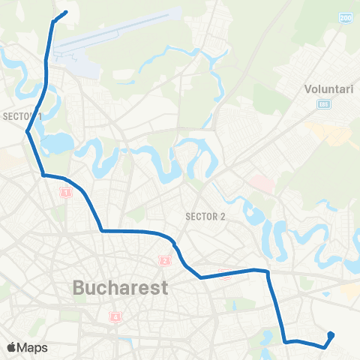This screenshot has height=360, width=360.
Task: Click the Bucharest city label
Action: tap(121, 288)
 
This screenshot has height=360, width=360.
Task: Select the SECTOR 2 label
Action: tap(205, 217)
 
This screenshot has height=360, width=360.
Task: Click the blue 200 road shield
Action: tap(346, 16)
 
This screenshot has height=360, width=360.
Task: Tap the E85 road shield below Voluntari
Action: tap(323, 103)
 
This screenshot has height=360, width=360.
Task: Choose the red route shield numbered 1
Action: tap(65, 193)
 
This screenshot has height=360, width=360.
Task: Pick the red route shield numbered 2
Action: tap(164, 261)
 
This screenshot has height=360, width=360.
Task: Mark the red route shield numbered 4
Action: tap(115, 317)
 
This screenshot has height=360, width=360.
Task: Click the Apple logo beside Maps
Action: tap(12, 347)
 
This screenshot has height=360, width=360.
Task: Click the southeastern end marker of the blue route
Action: tap(331, 335)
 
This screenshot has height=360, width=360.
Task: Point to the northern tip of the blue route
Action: tap(66, 11)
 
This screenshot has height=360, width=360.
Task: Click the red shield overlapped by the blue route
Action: tap(225, 274)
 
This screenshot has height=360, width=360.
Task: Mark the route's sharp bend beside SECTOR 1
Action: tap(28, 132)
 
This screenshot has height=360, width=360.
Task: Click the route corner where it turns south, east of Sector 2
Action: tap(267, 272)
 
